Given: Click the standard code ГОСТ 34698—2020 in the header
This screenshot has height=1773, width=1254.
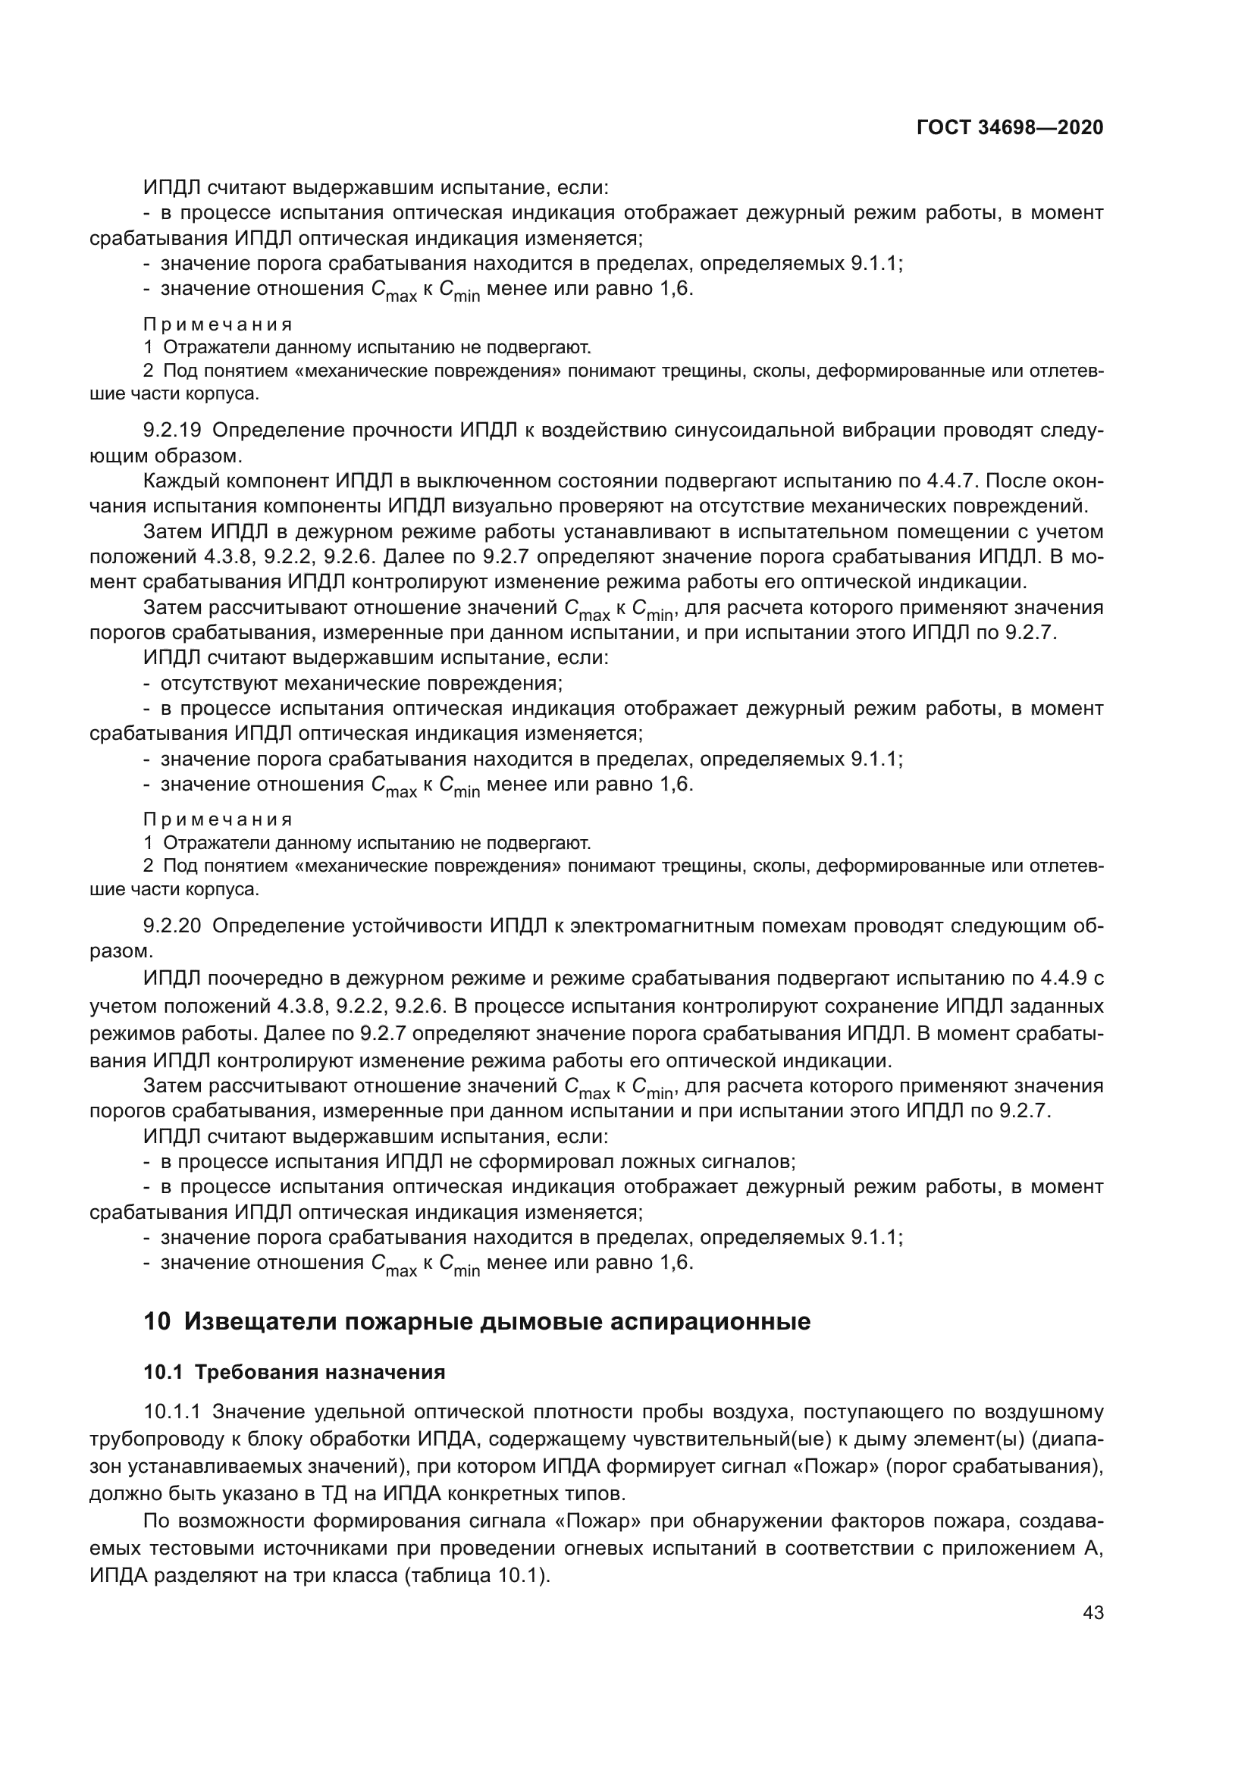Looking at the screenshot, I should click(1009, 127).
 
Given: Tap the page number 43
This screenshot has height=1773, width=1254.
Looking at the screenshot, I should click(1093, 1612).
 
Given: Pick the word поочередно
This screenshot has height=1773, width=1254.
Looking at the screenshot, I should click(276, 979).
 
